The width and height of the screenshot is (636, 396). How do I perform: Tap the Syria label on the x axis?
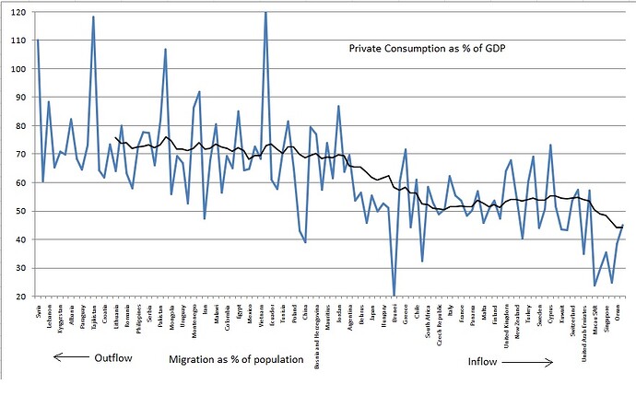(x=38, y=310)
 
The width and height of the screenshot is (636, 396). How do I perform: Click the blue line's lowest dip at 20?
(x=395, y=295)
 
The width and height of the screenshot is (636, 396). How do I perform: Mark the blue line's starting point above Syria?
(x=38, y=41)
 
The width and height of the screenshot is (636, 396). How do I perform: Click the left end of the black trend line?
(x=114, y=137)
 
